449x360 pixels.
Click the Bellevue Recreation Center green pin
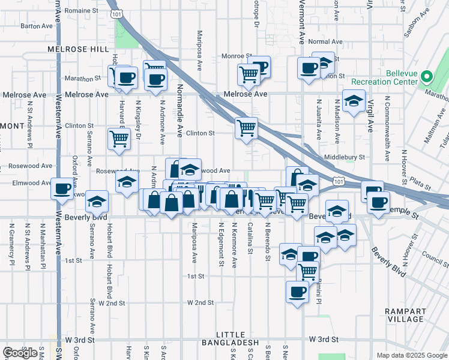(427, 77)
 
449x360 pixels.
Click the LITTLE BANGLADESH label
(238, 338)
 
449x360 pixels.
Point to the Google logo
(20, 353)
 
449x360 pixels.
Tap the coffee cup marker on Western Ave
(62, 188)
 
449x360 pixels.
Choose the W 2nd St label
(200, 303)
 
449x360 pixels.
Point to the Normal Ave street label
(325, 42)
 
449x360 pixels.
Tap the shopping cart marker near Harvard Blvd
(119, 139)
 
